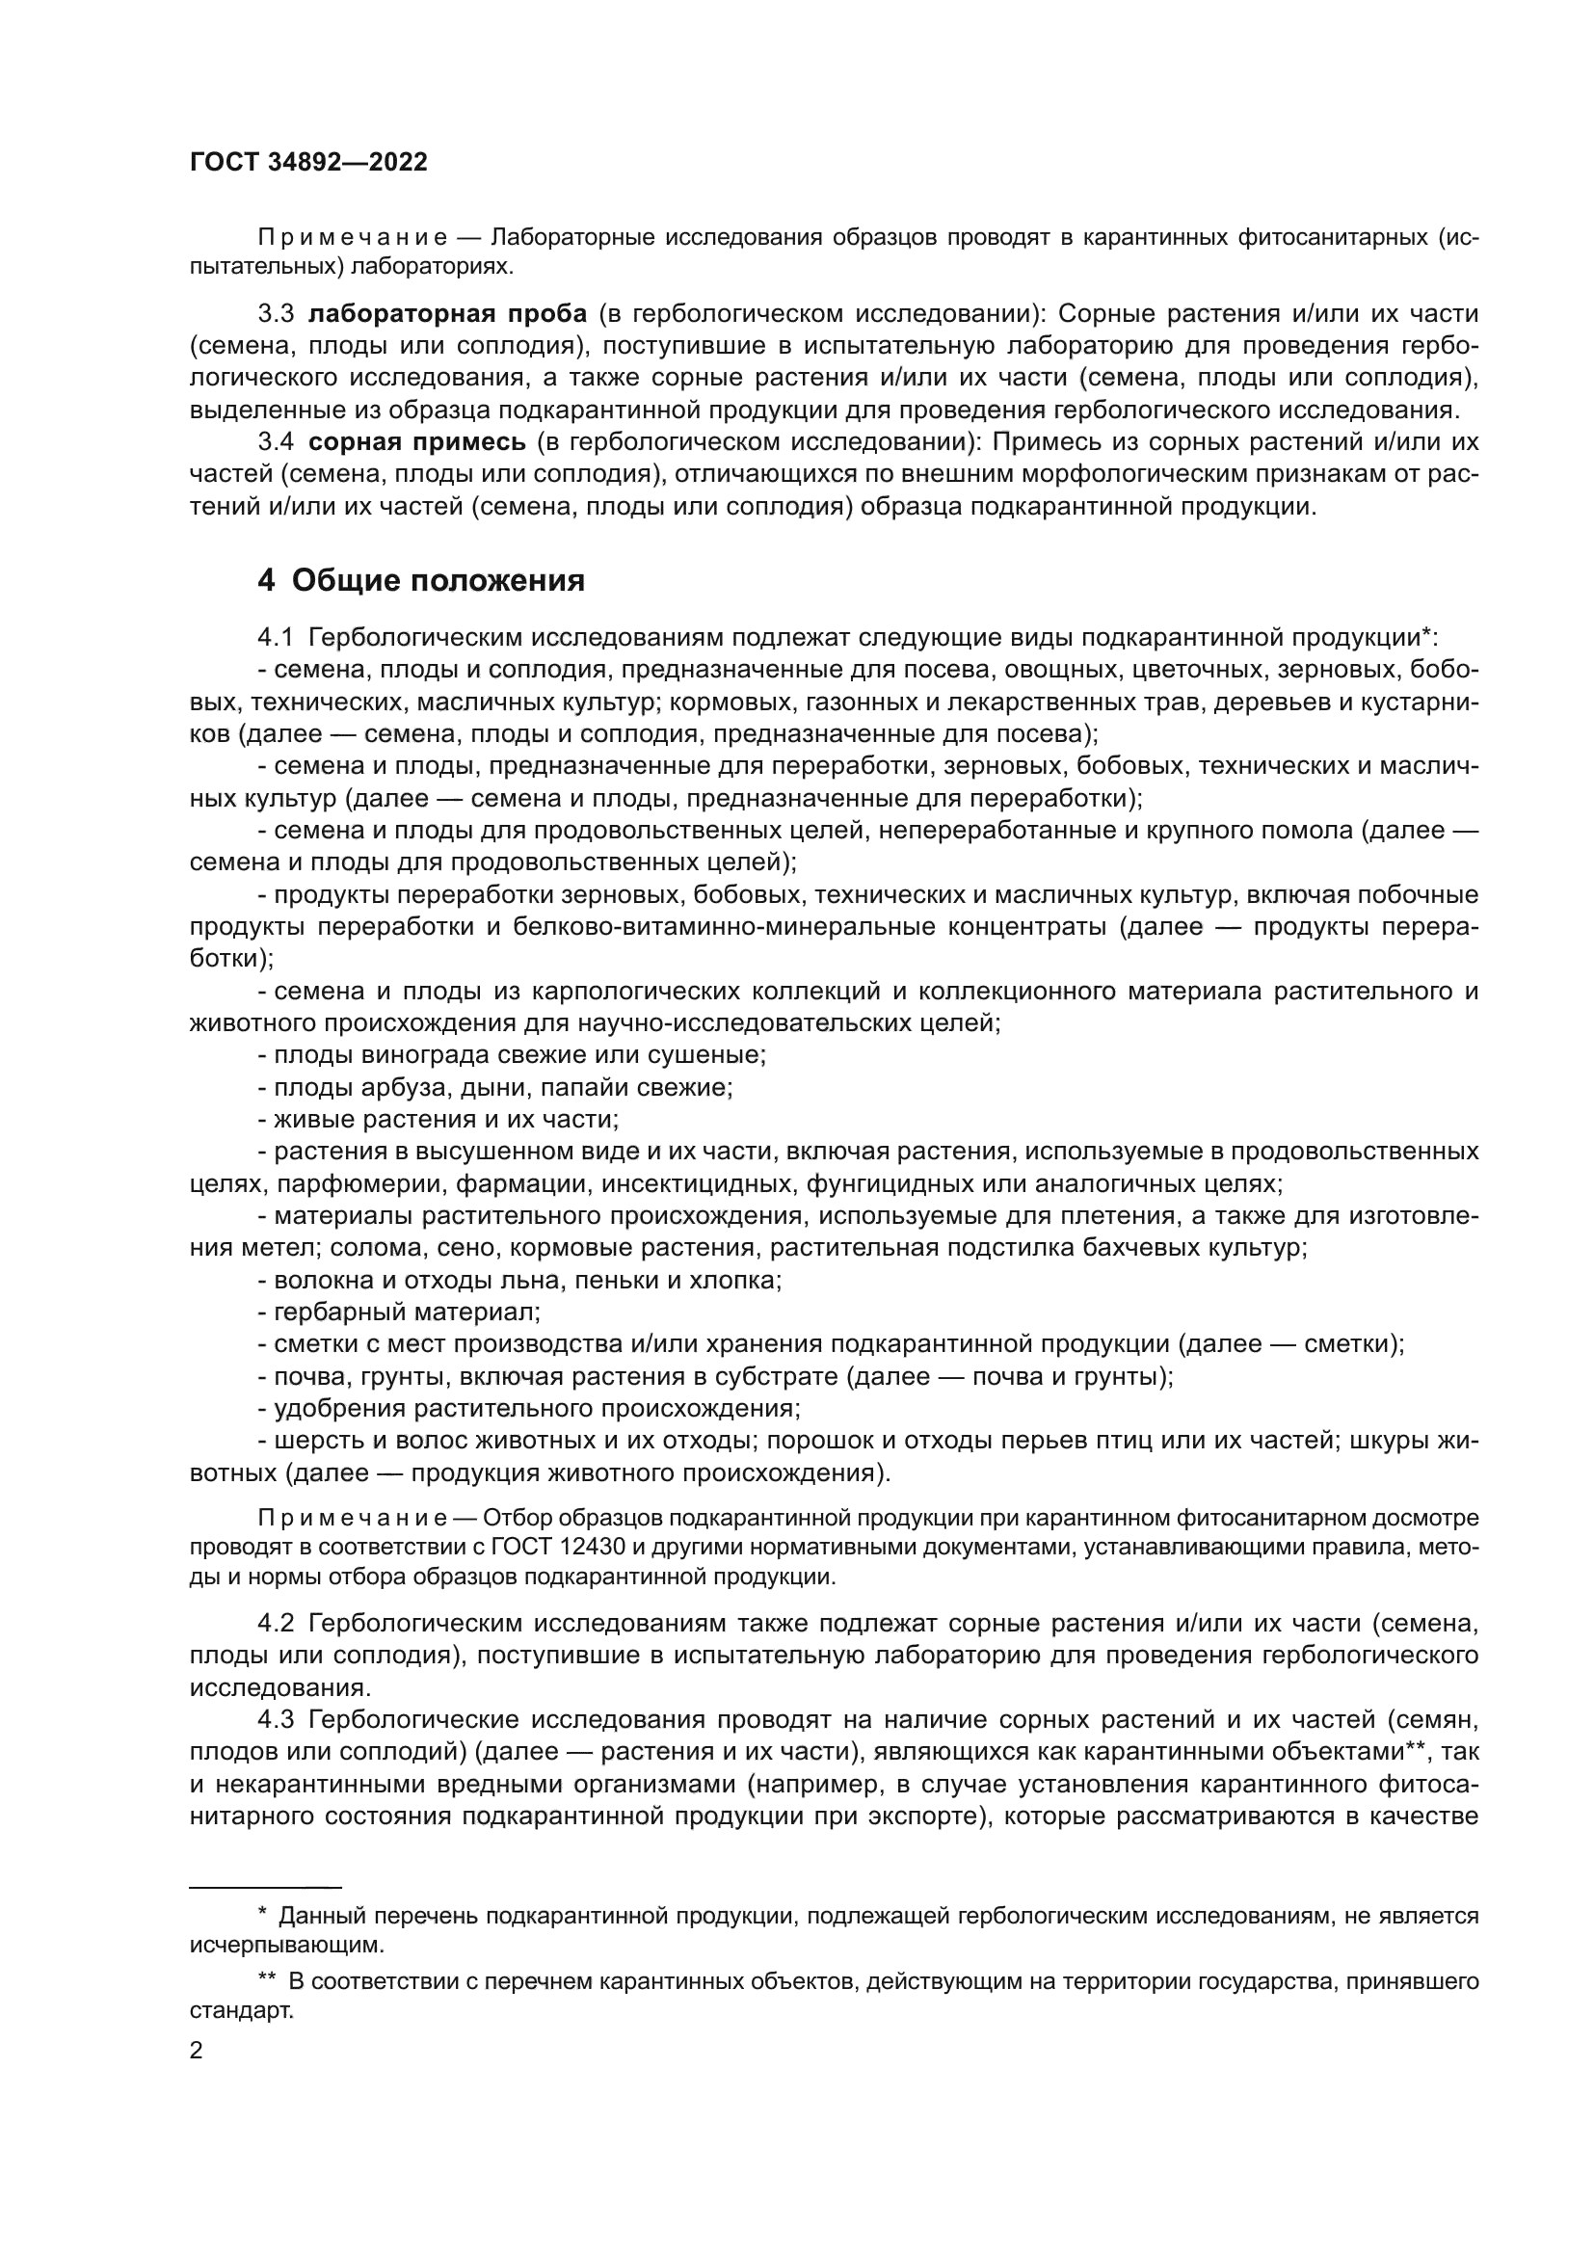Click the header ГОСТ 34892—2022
[x=308, y=163]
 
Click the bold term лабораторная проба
[x=447, y=313]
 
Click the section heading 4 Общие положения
[x=421, y=581]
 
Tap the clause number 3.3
[x=276, y=313]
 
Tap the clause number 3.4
[x=276, y=441]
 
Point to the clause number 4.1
[x=276, y=638]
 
